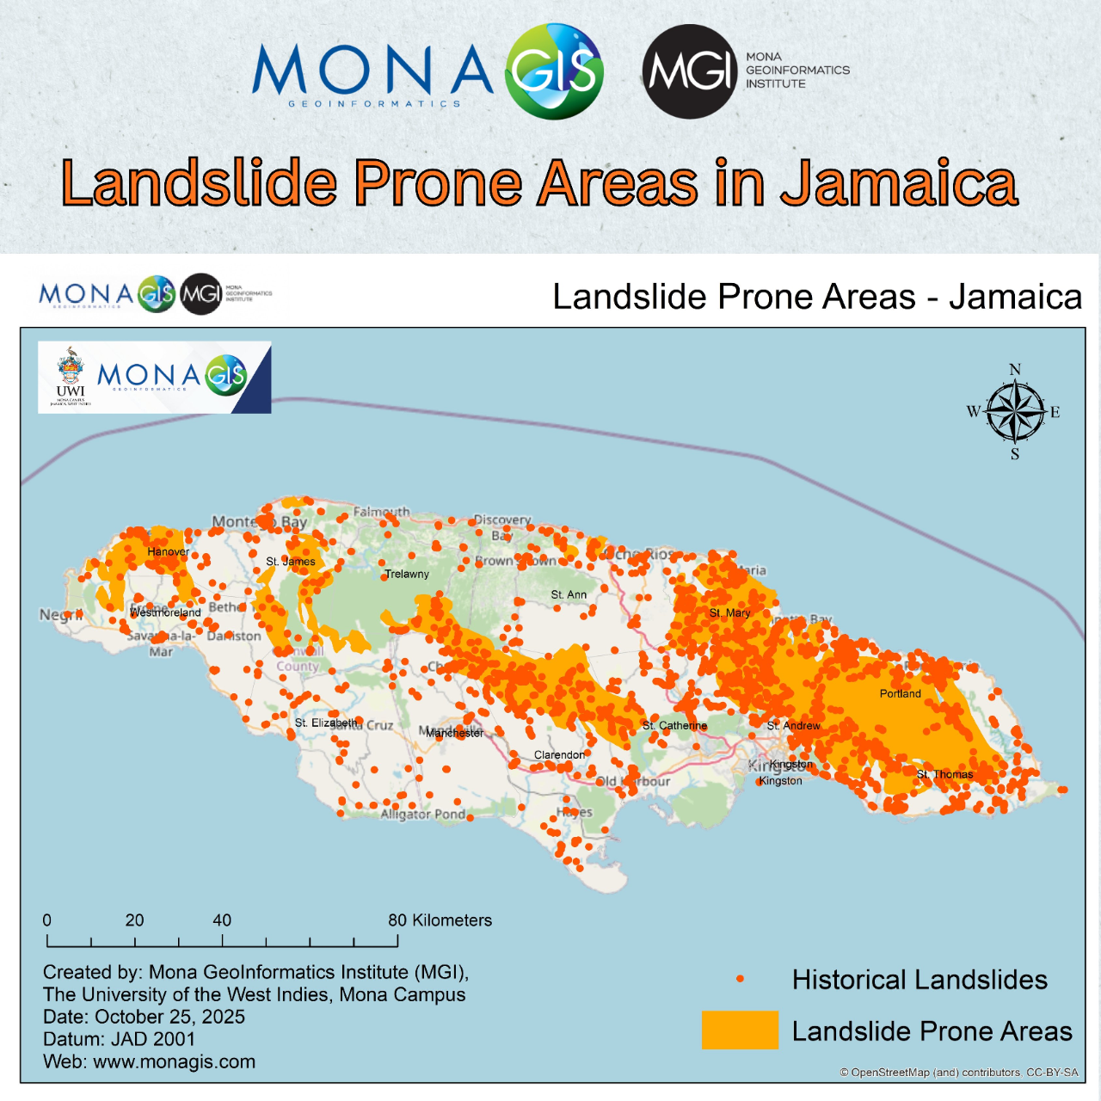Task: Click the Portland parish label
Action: pos(900,693)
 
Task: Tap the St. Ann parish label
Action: pos(569,594)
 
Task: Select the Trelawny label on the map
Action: pos(407,574)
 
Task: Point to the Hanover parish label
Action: pos(168,551)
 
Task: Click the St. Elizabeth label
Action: pos(325,723)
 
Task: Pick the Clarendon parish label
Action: pos(559,754)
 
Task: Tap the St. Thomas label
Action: pos(944,774)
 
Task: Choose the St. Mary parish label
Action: pos(729,612)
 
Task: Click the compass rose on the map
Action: pos(1015,412)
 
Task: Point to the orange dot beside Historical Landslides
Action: pos(740,979)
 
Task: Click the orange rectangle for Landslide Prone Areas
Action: pos(740,1030)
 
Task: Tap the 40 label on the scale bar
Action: pos(222,920)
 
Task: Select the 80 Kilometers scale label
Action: pos(440,920)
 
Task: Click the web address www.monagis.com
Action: pos(174,1061)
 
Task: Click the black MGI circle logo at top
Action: pos(690,71)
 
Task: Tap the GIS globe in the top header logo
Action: pos(554,71)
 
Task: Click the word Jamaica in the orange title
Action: pos(899,183)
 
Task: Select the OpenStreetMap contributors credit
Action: pos(958,1073)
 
